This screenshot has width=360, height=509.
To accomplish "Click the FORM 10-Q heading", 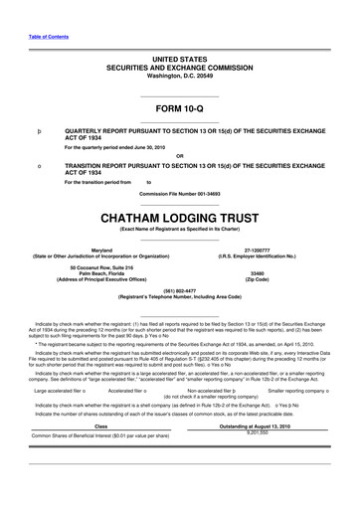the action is tap(179, 106).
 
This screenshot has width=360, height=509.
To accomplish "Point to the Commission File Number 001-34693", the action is tap(179, 192).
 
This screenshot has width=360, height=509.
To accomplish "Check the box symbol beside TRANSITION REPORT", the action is tap(39, 165).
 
